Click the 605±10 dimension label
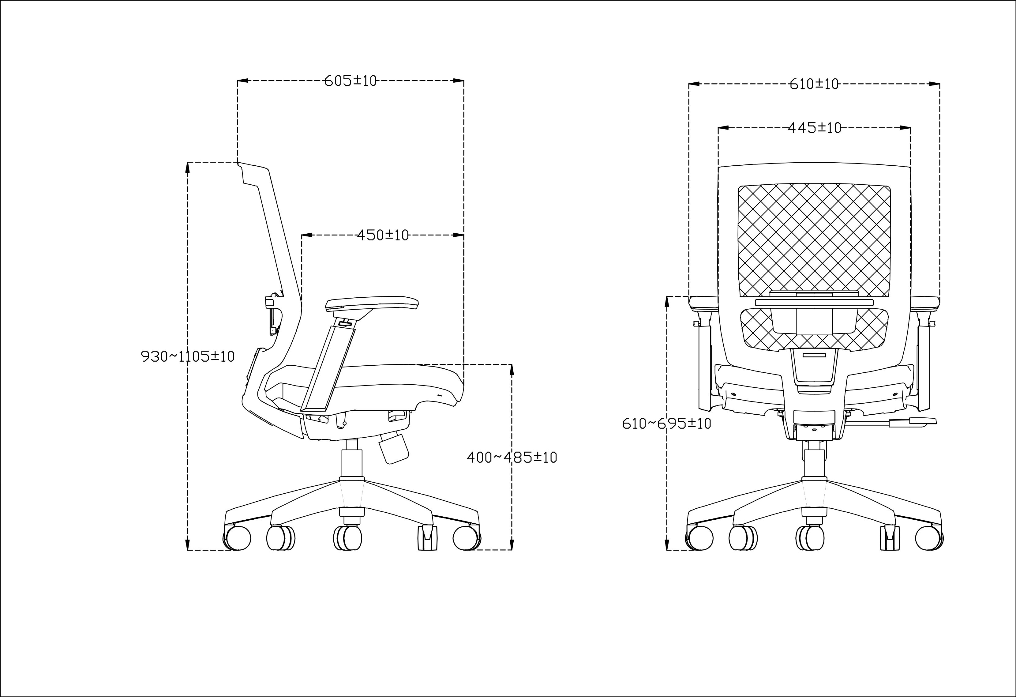[x=350, y=81]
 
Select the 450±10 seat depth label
[x=383, y=235]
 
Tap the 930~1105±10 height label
[x=188, y=356]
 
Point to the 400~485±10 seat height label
[x=512, y=458]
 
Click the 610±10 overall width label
[x=814, y=84]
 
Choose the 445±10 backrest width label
[x=815, y=128]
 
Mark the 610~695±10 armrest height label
[x=667, y=423]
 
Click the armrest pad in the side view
[x=372, y=303]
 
